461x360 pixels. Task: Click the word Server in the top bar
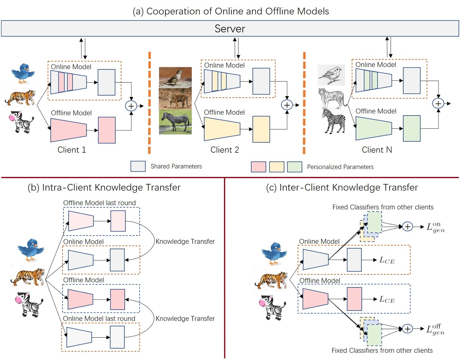click(230, 29)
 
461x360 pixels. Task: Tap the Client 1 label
click(72, 150)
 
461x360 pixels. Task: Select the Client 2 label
click(225, 150)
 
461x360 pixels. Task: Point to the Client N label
click(377, 150)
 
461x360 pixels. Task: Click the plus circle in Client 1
click(131, 106)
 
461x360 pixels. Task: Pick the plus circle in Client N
click(438, 103)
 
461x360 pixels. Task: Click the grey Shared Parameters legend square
click(138, 166)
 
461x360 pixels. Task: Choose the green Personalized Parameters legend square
click(294, 167)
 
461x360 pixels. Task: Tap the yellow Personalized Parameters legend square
click(277, 167)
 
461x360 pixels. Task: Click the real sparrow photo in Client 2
click(175, 77)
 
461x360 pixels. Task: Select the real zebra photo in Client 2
click(175, 122)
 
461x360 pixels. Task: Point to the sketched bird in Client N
click(331, 75)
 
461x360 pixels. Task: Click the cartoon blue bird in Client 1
click(23, 73)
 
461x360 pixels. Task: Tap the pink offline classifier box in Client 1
click(107, 130)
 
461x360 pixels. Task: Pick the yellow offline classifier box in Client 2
click(261, 129)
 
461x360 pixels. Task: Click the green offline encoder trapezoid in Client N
click(374, 128)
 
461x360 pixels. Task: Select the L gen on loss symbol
click(436, 227)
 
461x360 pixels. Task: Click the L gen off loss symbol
click(435, 329)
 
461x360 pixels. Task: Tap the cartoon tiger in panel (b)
click(28, 277)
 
